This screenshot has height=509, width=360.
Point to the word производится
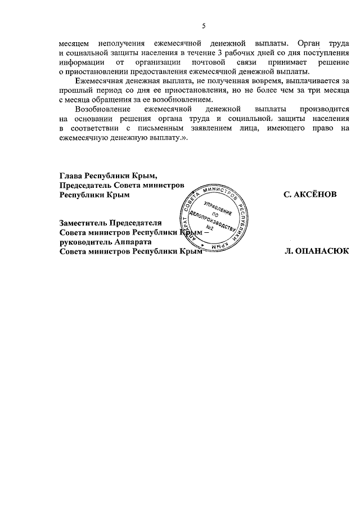point(318,110)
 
